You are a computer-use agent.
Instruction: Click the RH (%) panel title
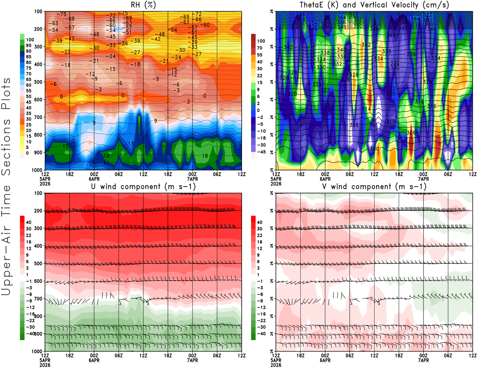click(143, 5)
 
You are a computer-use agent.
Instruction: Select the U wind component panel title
click(143, 186)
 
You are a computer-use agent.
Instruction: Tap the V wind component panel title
click(374, 186)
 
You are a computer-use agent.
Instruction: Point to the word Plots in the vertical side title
click(6, 93)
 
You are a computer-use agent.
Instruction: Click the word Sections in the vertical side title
click(6, 147)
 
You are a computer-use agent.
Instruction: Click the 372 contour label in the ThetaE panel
click(427, 15)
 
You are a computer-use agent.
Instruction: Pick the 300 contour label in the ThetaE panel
click(374, 149)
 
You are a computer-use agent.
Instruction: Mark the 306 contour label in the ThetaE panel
click(411, 133)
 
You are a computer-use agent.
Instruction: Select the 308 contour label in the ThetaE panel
click(354, 125)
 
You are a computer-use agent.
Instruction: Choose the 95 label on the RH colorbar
click(28, 45)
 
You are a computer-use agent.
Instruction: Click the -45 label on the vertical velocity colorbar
click(261, 152)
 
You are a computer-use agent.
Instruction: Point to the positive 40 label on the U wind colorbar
click(29, 222)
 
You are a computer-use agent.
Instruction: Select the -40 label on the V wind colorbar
click(261, 334)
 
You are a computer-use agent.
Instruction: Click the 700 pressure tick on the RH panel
click(38, 117)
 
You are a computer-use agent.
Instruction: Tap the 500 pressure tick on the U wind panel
click(38, 264)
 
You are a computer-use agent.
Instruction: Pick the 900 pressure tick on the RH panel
click(38, 153)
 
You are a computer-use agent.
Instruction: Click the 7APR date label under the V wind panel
click(423, 360)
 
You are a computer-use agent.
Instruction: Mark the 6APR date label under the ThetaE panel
click(325, 179)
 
